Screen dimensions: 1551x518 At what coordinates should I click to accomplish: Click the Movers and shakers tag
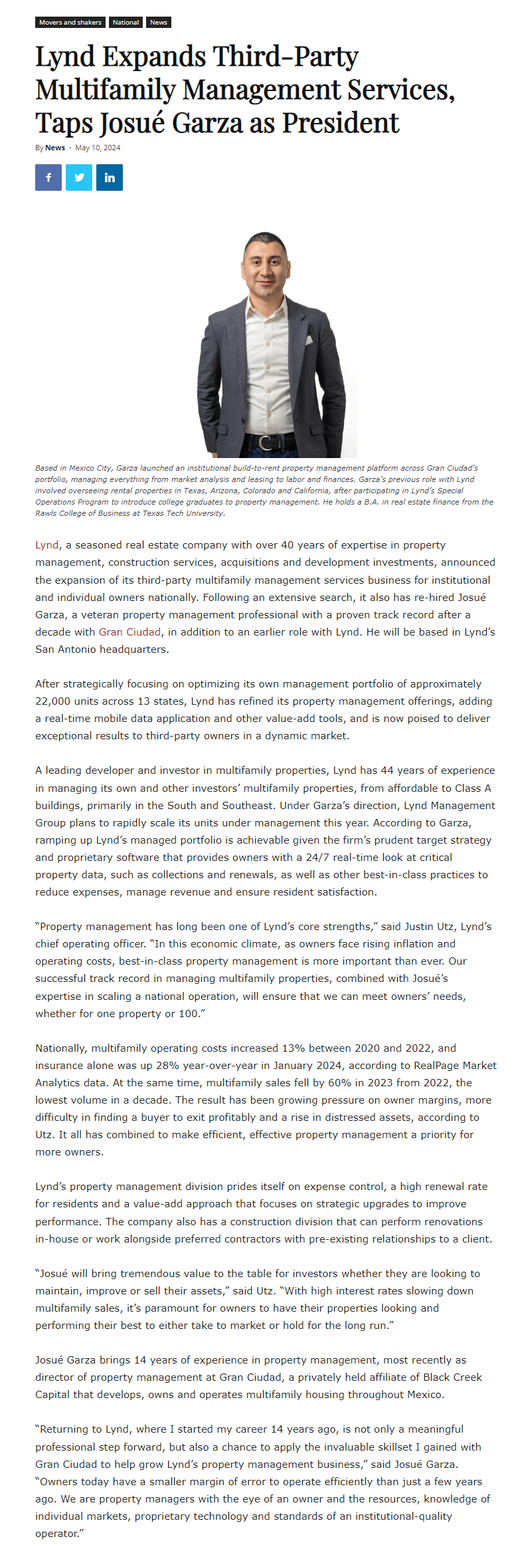(70, 23)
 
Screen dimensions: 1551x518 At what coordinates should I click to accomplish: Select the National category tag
(126, 23)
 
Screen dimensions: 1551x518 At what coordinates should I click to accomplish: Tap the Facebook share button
(48, 178)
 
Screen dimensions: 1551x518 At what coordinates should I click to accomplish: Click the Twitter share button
(79, 178)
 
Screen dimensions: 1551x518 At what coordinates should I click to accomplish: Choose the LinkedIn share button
(110, 178)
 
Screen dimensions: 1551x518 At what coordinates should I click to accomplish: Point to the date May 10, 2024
(98, 148)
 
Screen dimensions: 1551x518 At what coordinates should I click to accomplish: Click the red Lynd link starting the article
(46, 545)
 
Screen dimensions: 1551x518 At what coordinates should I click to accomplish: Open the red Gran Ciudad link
(129, 632)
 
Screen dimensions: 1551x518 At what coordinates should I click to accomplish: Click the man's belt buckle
(266, 442)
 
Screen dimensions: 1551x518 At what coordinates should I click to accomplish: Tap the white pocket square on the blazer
(307, 340)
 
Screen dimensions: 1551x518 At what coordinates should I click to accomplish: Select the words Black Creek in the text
(450, 1377)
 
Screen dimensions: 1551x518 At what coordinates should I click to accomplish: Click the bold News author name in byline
(55, 148)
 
